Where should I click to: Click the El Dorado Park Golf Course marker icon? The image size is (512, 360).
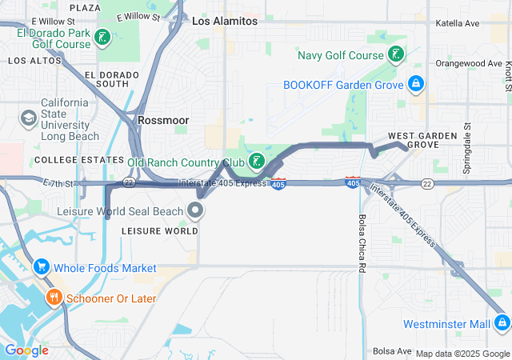pyautogui.click(x=102, y=37)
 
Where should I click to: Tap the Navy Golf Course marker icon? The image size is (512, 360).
pyautogui.click(x=394, y=55)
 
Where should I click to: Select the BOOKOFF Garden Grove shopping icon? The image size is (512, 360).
pyautogui.click(x=415, y=83)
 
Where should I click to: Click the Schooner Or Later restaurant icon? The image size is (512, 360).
pyautogui.click(x=54, y=298)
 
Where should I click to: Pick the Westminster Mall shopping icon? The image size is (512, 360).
pyautogui.click(x=502, y=324)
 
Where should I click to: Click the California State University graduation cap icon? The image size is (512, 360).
pyautogui.click(x=28, y=118)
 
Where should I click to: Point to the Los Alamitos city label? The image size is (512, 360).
pyautogui.click(x=225, y=22)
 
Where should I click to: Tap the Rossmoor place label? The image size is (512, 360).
pyautogui.click(x=162, y=119)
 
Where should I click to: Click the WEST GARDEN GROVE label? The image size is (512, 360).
pyautogui.click(x=413, y=140)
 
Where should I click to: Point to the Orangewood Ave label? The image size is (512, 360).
pyautogui.click(x=469, y=63)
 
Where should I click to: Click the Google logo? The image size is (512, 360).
pyautogui.click(x=26, y=350)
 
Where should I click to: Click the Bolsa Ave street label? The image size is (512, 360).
pyautogui.click(x=391, y=351)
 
